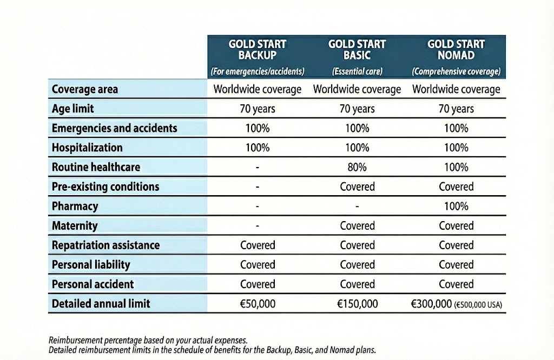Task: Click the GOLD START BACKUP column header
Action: (258, 49)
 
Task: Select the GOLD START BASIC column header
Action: (357, 49)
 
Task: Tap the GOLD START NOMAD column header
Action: (456, 49)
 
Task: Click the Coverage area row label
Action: (85, 89)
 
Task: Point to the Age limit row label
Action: (73, 109)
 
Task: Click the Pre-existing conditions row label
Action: (105, 186)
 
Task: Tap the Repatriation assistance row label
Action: (105, 245)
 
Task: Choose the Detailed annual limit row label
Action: (101, 304)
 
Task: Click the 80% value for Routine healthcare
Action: (357, 167)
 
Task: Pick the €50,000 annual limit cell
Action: (258, 304)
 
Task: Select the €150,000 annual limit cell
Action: (357, 304)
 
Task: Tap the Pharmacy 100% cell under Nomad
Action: (456, 206)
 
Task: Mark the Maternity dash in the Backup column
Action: (258, 225)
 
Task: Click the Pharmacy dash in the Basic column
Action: (357, 206)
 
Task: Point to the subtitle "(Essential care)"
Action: (357, 71)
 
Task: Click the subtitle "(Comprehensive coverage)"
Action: (456, 71)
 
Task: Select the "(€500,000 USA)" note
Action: (478, 305)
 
